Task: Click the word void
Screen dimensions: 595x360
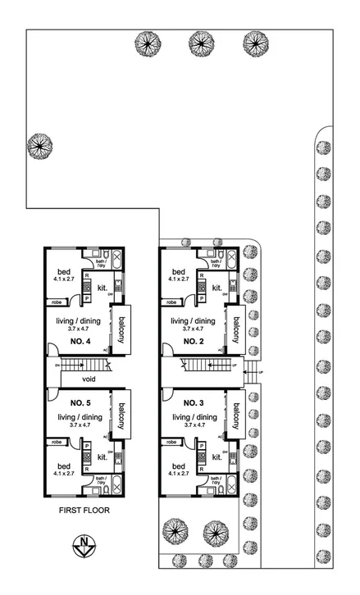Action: [x=91, y=379]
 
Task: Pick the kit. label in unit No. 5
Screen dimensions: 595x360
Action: [x=103, y=457]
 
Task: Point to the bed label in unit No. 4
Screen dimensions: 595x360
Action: [x=62, y=272]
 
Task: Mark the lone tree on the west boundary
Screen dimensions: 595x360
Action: [x=39, y=147]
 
